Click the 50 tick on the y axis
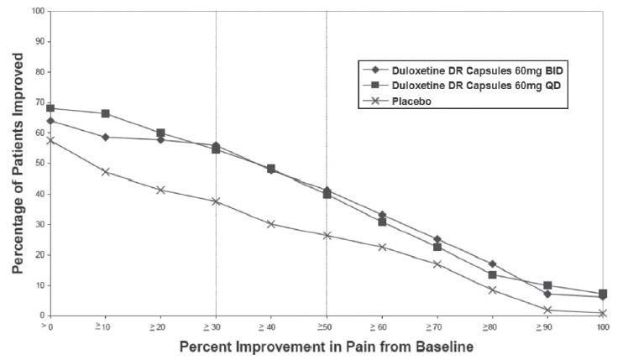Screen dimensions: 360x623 (36, 164)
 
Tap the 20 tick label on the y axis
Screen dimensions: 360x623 (36, 255)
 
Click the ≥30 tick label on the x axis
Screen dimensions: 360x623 (217, 326)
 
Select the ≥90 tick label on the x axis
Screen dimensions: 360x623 (546, 326)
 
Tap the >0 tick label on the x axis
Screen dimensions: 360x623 (51, 326)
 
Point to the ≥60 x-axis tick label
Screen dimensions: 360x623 (381, 326)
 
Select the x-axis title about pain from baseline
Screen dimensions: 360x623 (327, 346)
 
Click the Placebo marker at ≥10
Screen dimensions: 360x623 (106, 172)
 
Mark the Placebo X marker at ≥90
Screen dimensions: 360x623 (547, 310)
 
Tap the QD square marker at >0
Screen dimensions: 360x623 (50, 108)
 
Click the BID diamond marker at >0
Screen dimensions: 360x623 (50, 122)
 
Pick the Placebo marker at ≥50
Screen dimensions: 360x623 (327, 235)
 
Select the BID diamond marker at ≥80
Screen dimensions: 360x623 (492, 263)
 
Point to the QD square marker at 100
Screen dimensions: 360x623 (602, 294)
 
